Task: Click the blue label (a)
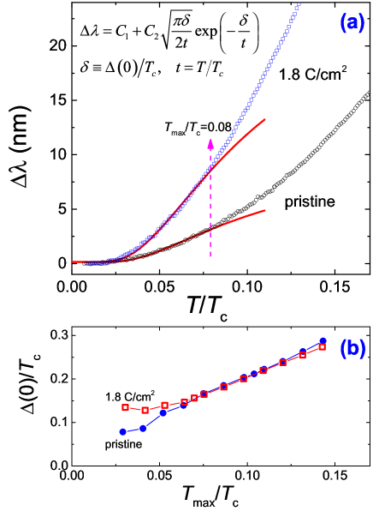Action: click(x=352, y=23)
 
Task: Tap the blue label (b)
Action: click(x=352, y=349)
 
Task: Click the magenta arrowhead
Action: click(x=210, y=143)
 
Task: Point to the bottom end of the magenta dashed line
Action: click(x=210, y=256)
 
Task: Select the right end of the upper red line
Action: click(x=265, y=119)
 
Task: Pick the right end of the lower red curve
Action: click(x=265, y=210)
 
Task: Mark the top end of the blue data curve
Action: click(x=298, y=6)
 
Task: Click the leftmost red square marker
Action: click(x=125, y=407)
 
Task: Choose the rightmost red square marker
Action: click(x=322, y=347)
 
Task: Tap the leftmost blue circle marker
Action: click(x=122, y=431)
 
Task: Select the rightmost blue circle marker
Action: click(x=323, y=340)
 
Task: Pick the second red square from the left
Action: click(x=145, y=410)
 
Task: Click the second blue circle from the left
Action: click(x=143, y=428)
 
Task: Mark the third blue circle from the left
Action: click(x=163, y=413)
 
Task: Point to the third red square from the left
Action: click(x=164, y=405)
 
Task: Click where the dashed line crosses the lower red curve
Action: click(x=210, y=230)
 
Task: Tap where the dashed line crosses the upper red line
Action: click(x=210, y=171)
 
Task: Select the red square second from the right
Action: click(x=302, y=355)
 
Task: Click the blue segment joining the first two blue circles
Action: click(x=133, y=430)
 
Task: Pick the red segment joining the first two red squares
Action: click(x=134, y=408)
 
